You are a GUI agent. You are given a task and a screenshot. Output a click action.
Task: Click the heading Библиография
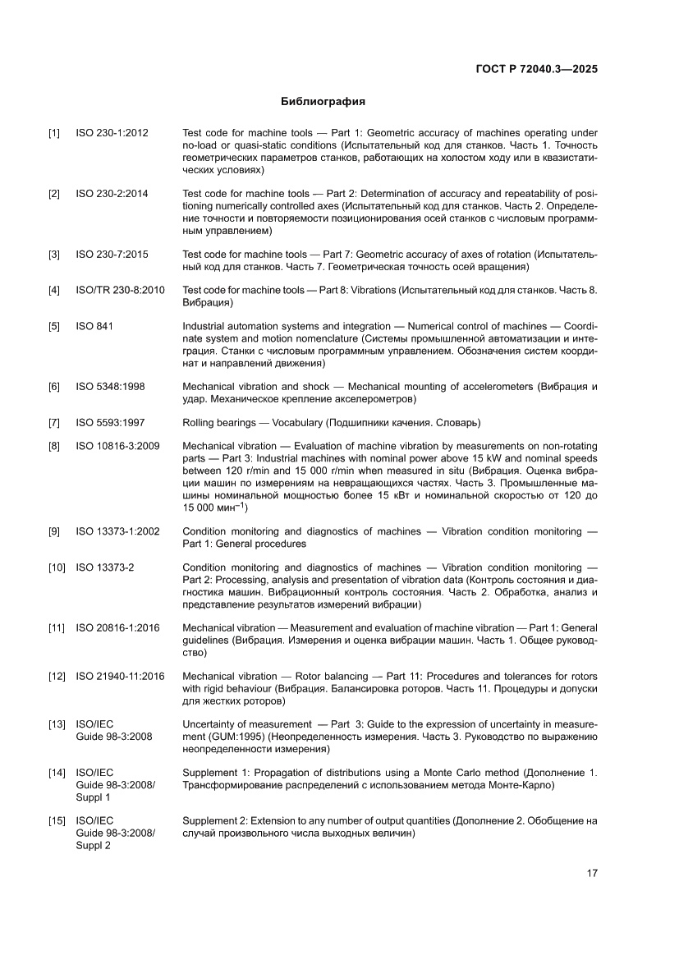pyautogui.click(x=323, y=103)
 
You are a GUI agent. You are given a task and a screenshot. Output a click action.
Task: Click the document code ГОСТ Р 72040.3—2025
pyautogui.click(x=536, y=69)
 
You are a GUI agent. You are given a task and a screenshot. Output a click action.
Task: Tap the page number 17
pyautogui.click(x=591, y=873)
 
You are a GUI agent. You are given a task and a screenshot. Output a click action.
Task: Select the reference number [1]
pyautogui.click(x=54, y=133)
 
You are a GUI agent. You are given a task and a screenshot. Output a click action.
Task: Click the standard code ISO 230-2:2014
pyautogui.click(x=112, y=194)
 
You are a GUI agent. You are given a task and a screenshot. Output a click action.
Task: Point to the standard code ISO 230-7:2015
pyautogui.click(x=112, y=255)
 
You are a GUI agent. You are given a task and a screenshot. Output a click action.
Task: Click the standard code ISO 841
pyautogui.click(x=94, y=327)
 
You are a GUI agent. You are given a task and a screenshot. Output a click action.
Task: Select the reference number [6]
pyautogui.click(x=54, y=387)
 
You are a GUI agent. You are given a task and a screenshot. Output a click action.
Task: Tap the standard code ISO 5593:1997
pyautogui.click(x=110, y=423)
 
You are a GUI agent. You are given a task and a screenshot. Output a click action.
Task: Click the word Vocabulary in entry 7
pyautogui.click(x=298, y=423)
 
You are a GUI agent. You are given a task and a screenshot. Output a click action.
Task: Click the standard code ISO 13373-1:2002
pyautogui.click(x=117, y=531)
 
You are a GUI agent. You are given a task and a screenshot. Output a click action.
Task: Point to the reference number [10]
pyautogui.click(x=57, y=567)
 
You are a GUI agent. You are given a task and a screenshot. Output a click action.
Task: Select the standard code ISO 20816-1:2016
pyautogui.click(x=117, y=628)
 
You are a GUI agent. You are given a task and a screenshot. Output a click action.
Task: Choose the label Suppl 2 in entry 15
pyautogui.click(x=94, y=846)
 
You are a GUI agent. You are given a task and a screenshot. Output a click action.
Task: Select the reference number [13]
pyautogui.click(x=57, y=724)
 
